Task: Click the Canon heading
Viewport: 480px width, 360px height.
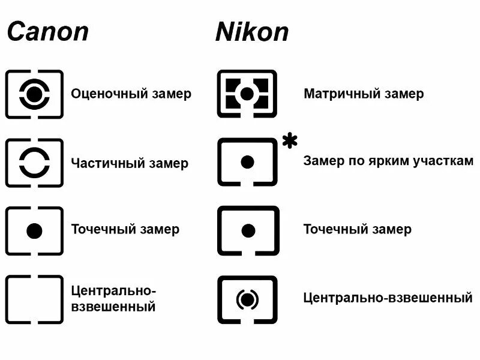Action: tap(47, 31)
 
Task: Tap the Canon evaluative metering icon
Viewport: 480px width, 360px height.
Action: tap(34, 94)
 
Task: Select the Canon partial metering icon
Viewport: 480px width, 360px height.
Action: tap(34, 163)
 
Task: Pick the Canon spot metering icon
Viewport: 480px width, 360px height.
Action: tap(34, 230)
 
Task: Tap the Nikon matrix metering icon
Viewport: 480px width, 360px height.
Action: tap(247, 94)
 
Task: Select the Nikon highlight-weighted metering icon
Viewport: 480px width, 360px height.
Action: tap(247, 162)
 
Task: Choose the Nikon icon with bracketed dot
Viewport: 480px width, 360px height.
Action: tap(247, 299)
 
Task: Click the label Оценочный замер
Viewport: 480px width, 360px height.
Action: tap(131, 94)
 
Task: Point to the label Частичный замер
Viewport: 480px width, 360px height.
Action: tap(130, 163)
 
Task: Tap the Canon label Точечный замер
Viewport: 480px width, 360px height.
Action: tap(125, 229)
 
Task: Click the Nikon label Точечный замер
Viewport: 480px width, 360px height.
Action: tap(357, 229)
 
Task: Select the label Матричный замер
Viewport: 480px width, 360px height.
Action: tap(364, 94)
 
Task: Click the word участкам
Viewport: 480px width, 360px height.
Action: tap(443, 161)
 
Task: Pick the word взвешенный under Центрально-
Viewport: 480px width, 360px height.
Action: tap(113, 307)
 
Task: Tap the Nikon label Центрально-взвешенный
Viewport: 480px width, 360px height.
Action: tap(388, 298)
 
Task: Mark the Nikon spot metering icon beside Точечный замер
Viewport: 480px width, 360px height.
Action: tap(247, 230)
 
